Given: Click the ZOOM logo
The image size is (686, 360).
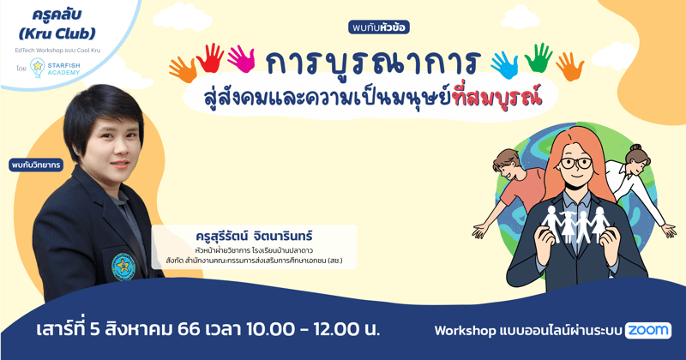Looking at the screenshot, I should click(647, 330).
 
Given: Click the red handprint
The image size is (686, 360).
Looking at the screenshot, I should click(209, 57).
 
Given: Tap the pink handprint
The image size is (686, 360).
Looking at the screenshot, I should click(241, 58).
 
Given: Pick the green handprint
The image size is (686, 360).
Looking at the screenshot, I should click(539, 57).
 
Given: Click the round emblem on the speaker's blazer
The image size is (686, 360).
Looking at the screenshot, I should click(123, 265).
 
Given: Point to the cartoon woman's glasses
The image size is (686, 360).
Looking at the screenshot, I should click(577, 163).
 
